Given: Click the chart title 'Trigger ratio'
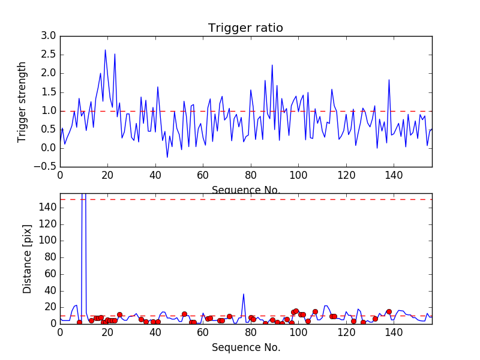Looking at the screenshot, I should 245,28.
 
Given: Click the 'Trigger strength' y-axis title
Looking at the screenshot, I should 22,101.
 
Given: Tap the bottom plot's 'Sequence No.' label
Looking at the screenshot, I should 245,347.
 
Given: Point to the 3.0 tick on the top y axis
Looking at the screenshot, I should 49,36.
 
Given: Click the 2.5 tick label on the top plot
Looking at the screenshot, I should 49,55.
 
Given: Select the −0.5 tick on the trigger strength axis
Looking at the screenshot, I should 46,167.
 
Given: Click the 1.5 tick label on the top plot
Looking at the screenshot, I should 49,92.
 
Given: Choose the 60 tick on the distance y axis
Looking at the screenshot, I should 50,274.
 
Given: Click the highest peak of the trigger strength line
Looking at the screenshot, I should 105,50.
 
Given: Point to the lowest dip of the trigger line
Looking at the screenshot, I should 167,157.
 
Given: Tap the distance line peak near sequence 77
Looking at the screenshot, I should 244,294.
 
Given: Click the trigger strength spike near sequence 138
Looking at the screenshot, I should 389,80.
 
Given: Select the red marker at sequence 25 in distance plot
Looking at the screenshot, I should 119,314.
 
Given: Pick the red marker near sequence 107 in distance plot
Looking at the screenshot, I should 315,311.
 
